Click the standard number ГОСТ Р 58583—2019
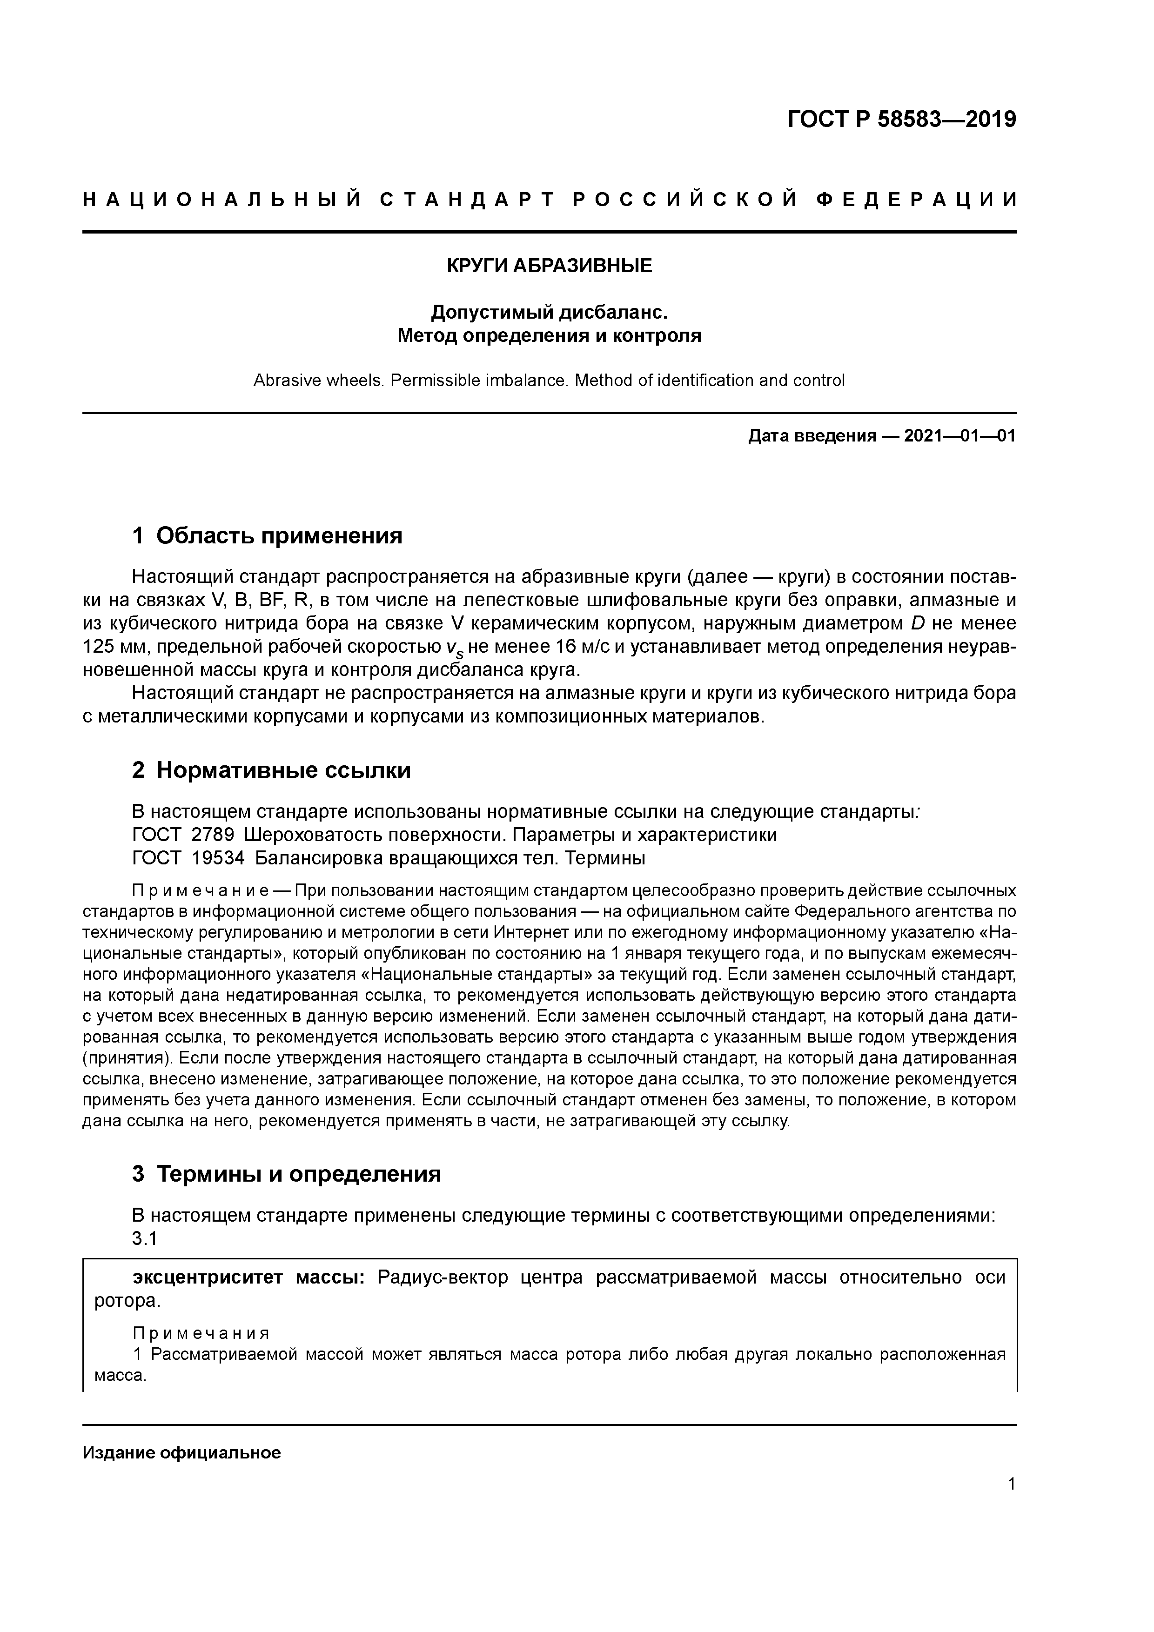902,120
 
